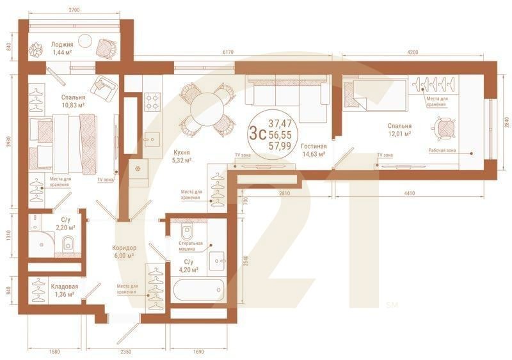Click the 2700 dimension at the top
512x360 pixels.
73,11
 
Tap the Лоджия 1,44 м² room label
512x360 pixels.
62,49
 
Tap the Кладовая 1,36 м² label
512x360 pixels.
64,290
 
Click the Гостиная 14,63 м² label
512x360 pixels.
314,150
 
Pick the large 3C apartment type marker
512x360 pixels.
257,133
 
